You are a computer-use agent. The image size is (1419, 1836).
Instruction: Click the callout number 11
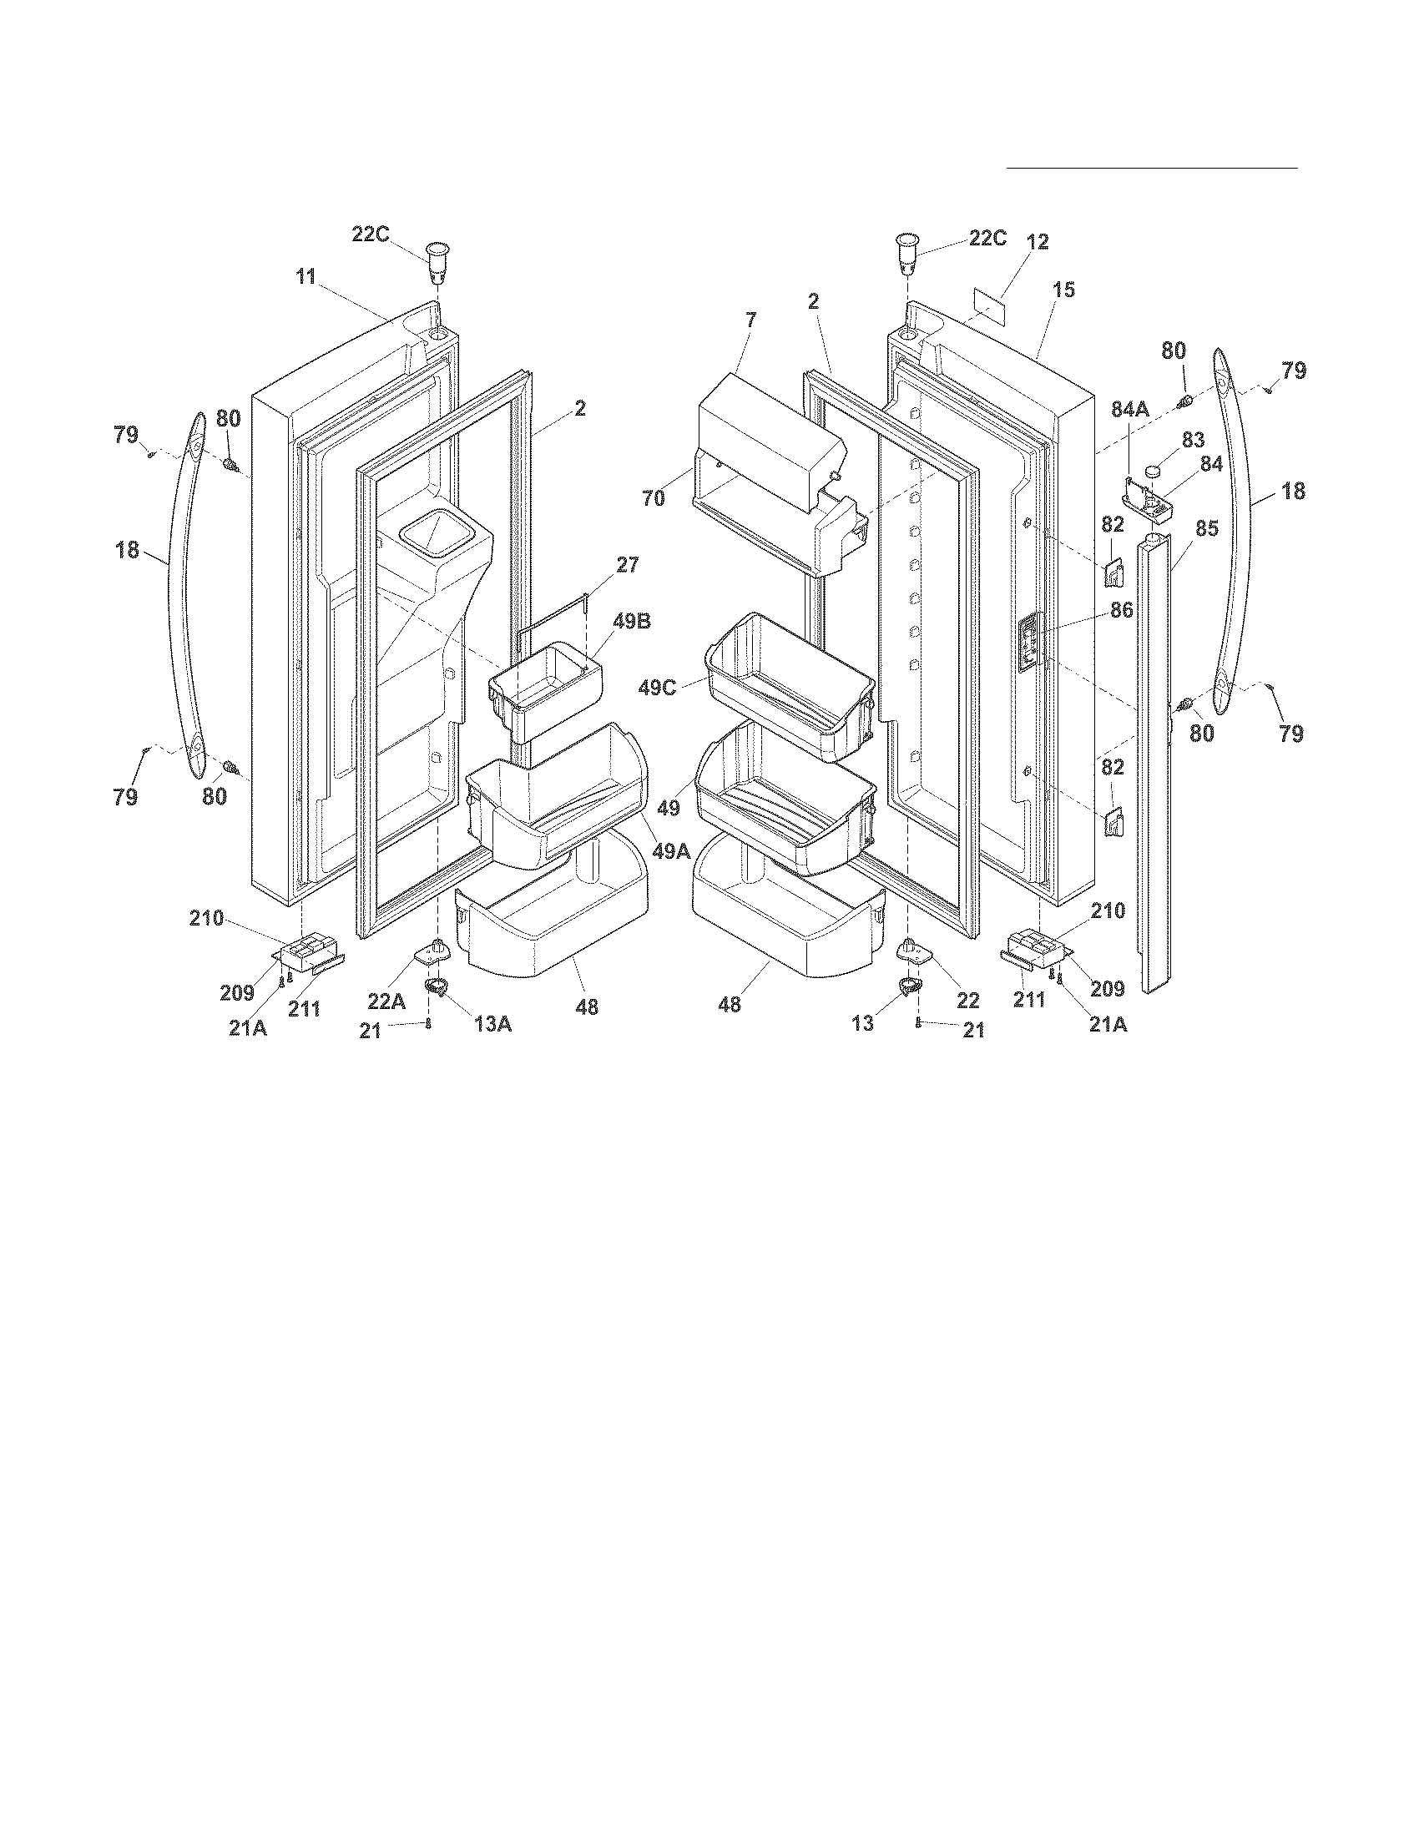coord(306,276)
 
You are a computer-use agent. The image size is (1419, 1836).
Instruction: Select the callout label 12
coord(1038,242)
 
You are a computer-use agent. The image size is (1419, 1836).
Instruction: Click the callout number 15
coord(1063,290)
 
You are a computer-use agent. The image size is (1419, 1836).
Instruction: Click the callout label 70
coord(654,498)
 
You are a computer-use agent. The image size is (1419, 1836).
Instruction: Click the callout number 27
coord(627,565)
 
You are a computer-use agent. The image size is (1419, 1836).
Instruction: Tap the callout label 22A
coord(386,1001)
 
